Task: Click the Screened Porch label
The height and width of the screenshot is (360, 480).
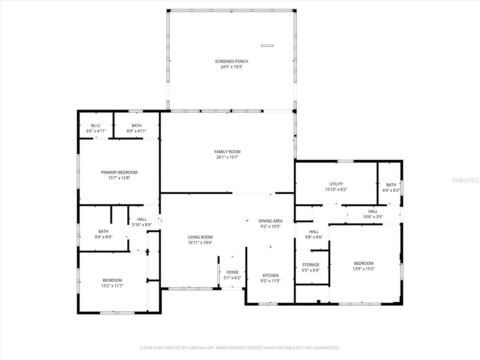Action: [231, 61]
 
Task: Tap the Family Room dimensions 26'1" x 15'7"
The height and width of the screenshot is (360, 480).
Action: [227, 157]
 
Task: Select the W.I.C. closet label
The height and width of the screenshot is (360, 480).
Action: [96, 126]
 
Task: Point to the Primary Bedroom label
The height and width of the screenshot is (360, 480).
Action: [119, 172]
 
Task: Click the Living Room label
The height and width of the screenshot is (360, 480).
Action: [200, 237]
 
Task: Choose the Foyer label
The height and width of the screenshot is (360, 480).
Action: [232, 272]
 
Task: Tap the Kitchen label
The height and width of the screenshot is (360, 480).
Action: [271, 275]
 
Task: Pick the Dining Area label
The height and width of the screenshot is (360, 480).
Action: [271, 221]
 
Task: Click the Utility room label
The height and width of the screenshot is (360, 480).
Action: [336, 184]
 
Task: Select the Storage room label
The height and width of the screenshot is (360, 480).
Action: [311, 265]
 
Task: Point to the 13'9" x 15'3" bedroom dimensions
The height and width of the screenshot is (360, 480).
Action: [364, 269]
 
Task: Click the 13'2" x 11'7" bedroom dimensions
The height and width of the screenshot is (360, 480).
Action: [112, 286]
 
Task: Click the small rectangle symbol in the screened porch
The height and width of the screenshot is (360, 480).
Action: [267, 46]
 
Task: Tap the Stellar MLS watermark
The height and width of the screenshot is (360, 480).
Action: [465, 180]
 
